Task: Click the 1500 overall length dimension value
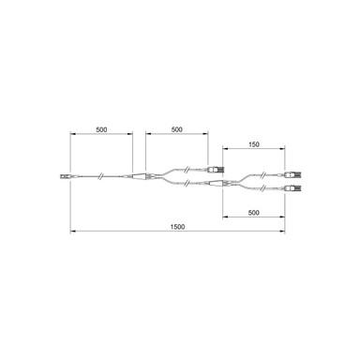(177, 226)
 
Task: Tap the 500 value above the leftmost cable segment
(100, 129)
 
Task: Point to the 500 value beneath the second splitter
(252, 213)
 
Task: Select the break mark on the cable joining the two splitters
(190, 184)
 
